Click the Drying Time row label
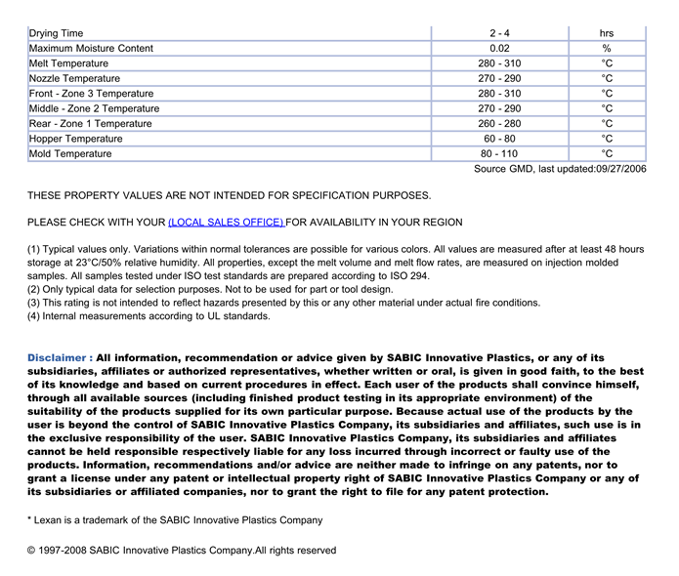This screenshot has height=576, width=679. coord(57,33)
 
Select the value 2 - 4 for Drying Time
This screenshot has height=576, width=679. coord(499,33)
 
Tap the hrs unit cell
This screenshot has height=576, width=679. coord(607,33)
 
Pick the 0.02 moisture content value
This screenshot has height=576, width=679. coord(499,48)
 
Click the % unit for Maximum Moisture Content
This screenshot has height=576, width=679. coord(607,48)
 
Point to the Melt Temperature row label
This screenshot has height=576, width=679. coord(69,63)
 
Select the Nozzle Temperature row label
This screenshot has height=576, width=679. coord(75,78)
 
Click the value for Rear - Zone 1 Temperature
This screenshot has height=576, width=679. coord(499,124)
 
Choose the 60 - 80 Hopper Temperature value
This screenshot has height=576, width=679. coord(499,139)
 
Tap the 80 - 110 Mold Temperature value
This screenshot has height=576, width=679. coord(499,153)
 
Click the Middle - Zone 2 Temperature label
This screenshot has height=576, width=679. coord(95,108)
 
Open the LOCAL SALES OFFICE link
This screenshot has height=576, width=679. coord(227,223)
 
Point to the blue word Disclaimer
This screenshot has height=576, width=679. coord(60,358)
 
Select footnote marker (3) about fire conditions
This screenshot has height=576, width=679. coord(34,303)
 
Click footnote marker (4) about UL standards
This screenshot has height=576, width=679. coord(34,316)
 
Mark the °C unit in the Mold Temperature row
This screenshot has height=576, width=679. coord(607,153)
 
